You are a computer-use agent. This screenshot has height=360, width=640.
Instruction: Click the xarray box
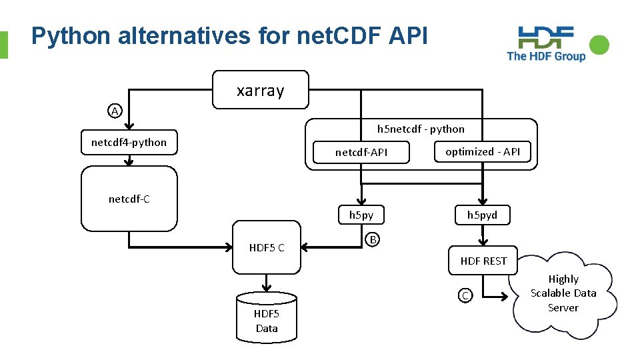260,89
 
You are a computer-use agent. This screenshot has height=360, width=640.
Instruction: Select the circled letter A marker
115,111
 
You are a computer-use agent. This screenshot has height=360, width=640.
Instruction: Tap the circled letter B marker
373,239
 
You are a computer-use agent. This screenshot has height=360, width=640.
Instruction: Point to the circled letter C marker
465,295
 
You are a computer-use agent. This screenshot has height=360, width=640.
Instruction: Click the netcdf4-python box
129,142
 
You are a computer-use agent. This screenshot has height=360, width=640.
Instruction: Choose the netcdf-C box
129,199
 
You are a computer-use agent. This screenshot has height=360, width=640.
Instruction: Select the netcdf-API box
361,153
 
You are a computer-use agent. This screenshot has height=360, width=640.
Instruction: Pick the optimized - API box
483,151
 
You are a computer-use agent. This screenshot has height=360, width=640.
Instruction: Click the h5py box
361,215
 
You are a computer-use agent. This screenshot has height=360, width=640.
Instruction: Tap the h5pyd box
482,215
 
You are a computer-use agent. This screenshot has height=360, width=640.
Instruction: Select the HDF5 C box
267,247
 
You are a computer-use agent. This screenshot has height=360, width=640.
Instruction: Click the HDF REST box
483,261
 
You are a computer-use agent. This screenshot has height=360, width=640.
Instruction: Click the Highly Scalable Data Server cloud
563,293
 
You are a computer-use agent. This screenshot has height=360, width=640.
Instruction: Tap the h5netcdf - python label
421,129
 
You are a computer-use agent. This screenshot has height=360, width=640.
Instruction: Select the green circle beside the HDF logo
599,45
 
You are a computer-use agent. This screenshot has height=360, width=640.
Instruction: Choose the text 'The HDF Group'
546,57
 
